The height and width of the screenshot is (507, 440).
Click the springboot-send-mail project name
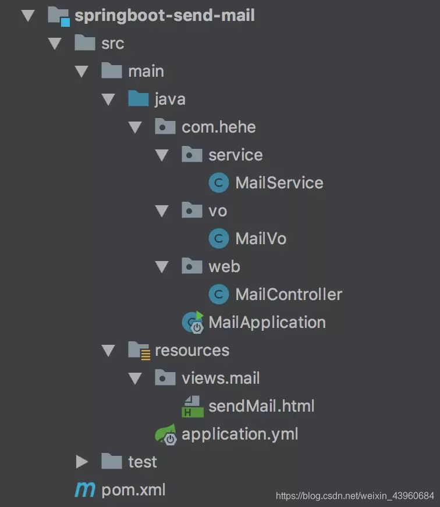[164, 15]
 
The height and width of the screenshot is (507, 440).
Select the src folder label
[112, 43]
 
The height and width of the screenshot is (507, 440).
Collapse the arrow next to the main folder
[81, 71]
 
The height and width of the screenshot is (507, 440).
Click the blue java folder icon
[139, 99]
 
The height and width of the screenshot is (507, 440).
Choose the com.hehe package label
[218, 127]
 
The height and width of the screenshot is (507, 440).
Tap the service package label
[235, 155]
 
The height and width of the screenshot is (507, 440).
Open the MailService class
[279, 183]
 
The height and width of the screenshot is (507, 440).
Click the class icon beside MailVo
[219, 238]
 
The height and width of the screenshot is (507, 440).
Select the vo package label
[218, 210]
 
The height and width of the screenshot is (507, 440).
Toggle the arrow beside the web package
[162, 266]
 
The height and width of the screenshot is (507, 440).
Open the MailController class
[288, 294]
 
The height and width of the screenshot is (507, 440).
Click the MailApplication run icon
[193, 322]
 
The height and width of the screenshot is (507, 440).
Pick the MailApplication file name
[267, 322]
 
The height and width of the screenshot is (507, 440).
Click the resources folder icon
[139, 350]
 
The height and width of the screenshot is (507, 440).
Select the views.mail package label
[221, 378]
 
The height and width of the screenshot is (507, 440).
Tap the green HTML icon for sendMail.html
[193, 406]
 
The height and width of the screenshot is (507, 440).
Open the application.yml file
[240, 434]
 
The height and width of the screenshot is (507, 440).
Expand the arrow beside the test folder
[81, 462]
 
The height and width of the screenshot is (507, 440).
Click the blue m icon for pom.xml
[85, 490]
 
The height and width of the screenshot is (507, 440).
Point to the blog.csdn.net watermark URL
[354, 496]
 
